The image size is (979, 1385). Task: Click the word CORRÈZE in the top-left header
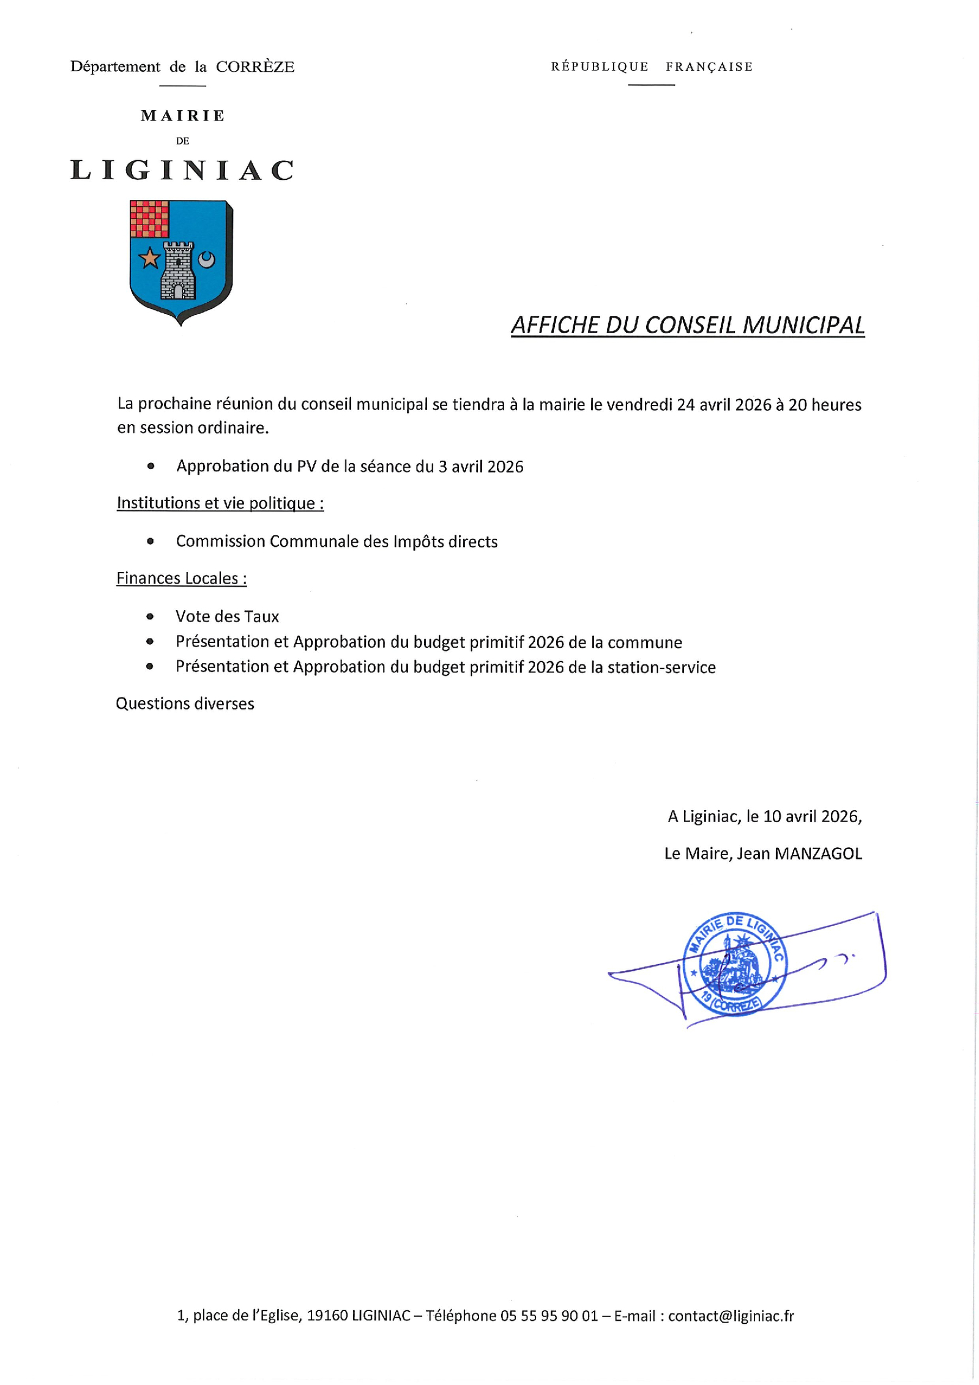[255, 67]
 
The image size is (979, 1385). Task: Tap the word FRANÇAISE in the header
[709, 67]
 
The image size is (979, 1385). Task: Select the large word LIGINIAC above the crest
[182, 171]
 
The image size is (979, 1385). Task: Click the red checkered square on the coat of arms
[149, 218]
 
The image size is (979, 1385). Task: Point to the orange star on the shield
[149, 258]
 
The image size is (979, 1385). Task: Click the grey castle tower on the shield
[178, 270]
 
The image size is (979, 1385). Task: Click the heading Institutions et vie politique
[220, 503]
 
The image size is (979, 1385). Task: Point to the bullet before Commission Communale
[151, 541]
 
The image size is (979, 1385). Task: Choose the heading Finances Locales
[182, 578]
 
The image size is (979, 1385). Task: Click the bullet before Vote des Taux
[150, 617]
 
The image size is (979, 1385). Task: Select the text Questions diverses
[185, 704]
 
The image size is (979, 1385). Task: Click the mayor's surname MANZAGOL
[818, 853]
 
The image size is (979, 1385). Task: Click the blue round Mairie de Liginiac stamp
[734, 964]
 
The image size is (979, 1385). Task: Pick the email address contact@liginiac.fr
[731, 1316]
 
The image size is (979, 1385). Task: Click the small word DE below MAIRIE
[182, 141]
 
